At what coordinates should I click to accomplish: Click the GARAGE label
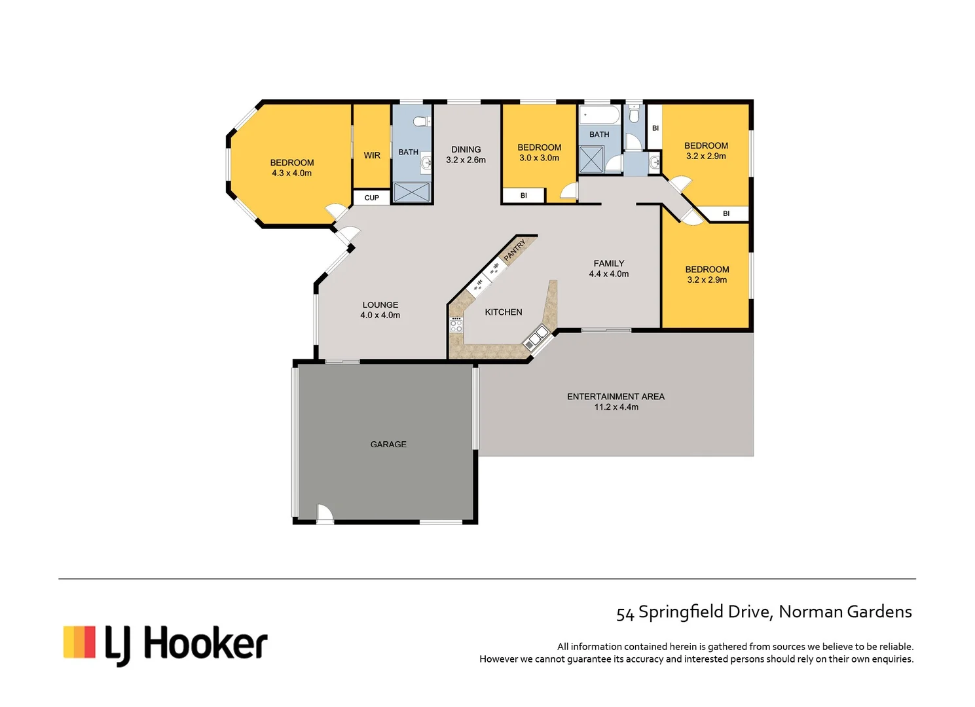(388, 444)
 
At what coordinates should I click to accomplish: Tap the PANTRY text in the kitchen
(515, 250)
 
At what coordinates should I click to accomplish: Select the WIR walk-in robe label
(372, 155)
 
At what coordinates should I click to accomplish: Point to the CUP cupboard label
(371, 198)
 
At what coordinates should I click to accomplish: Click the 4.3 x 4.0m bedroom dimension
(291, 173)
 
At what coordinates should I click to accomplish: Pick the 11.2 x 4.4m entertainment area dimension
(616, 407)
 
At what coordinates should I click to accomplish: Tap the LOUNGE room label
(380, 304)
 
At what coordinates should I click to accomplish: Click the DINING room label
(466, 149)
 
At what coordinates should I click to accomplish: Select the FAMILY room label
(608, 263)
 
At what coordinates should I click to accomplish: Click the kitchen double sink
(536, 337)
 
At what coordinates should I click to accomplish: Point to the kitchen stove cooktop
(456, 324)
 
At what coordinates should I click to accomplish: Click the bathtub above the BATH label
(599, 116)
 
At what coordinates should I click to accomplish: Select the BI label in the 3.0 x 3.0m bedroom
(523, 196)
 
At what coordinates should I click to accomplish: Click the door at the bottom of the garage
(325, 515)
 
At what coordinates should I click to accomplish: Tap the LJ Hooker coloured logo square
(79, 642)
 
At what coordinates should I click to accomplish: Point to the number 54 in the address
(625, 613)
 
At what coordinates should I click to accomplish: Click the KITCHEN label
(503, 312)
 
